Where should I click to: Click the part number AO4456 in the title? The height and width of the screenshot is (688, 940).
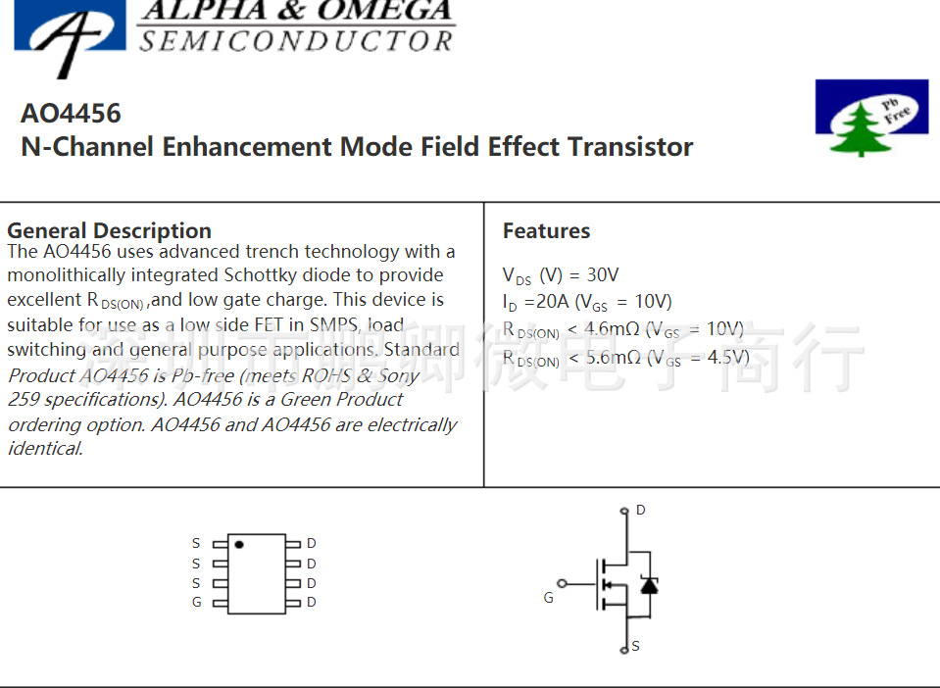tap(71, 114)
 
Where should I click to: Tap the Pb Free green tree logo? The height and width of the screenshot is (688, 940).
tap(870, 118)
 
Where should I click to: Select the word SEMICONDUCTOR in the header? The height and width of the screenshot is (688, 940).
tap(296, 41)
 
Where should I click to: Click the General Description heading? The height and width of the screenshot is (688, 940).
tap(109, 231)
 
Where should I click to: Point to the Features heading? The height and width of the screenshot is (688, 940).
tap(546, 231)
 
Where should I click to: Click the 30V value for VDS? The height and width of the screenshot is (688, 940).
tap(603, 275)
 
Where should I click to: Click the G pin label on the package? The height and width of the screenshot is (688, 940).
tap(196, 602)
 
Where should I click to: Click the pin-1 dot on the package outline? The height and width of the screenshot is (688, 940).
tap(239, 543)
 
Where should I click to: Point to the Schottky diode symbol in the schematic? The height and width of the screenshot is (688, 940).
tap(648, 585)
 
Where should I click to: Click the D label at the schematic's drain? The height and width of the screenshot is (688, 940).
tap(641, 511)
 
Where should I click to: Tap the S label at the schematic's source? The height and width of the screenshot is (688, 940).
tap(636, 646)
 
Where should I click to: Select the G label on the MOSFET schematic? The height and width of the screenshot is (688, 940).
tap(548, 597)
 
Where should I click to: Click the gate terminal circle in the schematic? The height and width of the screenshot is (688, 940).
tap(562, 583)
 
